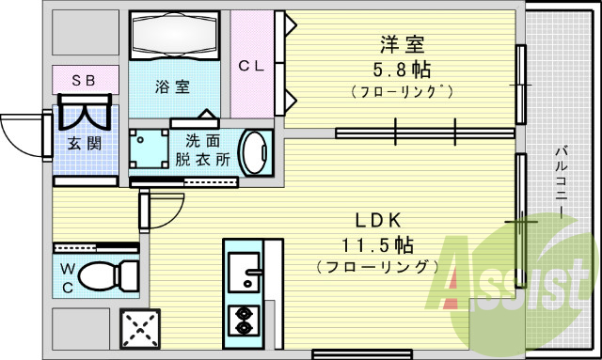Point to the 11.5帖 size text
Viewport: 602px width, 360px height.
[x=378, y=245]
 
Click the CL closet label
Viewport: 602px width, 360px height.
[x=250, y=66]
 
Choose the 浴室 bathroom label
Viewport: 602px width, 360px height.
[x=173, y=86]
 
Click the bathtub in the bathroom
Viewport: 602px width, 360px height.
[x=173, y=36]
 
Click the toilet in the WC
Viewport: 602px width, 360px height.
[x=105, y=276]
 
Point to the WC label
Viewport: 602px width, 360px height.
[x=68, y=277]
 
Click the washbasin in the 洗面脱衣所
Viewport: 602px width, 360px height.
[x=253, y=151]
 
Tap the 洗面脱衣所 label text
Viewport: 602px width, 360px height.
[x=202, y=150]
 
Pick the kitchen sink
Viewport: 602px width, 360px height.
[x=246, y=268]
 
